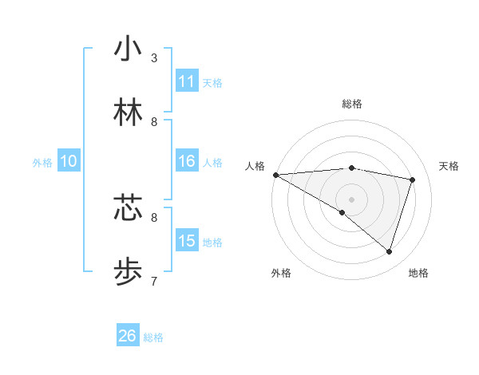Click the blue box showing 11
tap(187, 81)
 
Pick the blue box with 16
tap(187, 161)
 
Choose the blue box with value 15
tap(187, 241)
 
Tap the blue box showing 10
tap(69, 161)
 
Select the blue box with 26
tap(128, 336)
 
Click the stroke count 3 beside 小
tap(154, 58)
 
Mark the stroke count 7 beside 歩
tap(154, 281)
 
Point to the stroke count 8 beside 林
tap(154, 121)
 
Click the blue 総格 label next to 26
tap(153, 337)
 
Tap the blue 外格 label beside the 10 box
tap(42, 163)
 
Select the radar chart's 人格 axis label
tap(255, 166)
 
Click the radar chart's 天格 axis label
tap(449, 166)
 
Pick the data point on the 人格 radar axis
tap(275, 175)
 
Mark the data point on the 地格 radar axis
tap(389, 252)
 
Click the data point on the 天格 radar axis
tap(412, 180)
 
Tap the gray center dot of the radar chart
tap(351, 199)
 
